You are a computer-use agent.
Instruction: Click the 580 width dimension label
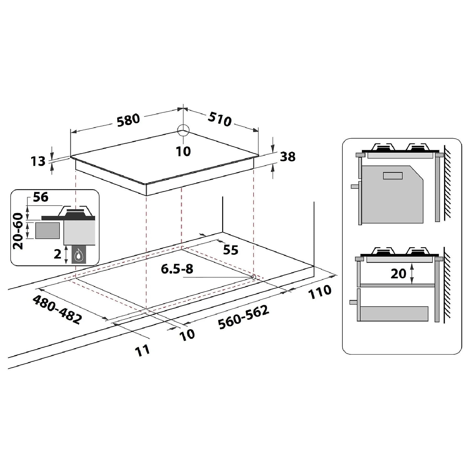pyautogui.click(x=128, y=120)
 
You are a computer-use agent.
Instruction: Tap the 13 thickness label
pyautogui.click(x=38, y=161)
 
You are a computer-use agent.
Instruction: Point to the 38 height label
pyautogui.click(x=288, y=156)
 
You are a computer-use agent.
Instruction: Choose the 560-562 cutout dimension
pyautogui.click(x=244, y=317)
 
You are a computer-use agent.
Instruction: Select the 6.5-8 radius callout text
pyautogui.click(x=177, y=269)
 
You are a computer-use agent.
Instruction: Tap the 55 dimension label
pyautogui.click(x=231, y=250)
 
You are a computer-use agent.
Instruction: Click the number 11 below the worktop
pyautogui.click(x=143, y=351)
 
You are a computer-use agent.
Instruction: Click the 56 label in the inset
pyautogui.click(x=41, y=197)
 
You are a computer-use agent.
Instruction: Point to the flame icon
pyautogui.click(x=78, y=255)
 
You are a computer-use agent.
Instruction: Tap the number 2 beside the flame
pyautogui.click(x=58, y=254)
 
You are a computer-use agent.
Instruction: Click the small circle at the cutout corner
pyautogui.click(x=253, y=277)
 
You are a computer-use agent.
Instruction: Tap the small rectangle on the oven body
pyautogui.click(x=392, y=176)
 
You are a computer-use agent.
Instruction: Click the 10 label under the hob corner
pyautogui.click(x=183, y=151)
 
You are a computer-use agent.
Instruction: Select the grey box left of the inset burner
pyautogui.click(x=47, y=231)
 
